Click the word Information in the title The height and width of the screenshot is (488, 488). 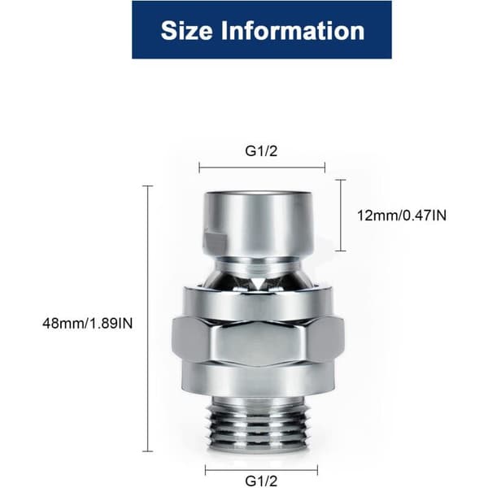[293, 31]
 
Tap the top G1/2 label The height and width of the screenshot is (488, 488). [261, 151]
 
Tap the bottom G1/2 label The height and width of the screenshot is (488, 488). [261, 481]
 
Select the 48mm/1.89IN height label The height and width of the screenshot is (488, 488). [88, 324]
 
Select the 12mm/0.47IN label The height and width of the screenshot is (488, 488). [402, 216]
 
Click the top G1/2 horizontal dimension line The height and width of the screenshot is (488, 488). [262, 168]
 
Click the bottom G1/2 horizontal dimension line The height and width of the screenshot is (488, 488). [261, 469]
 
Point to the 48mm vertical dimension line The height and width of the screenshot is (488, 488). [147, 318]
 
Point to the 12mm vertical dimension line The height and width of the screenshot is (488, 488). [341, 215]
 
